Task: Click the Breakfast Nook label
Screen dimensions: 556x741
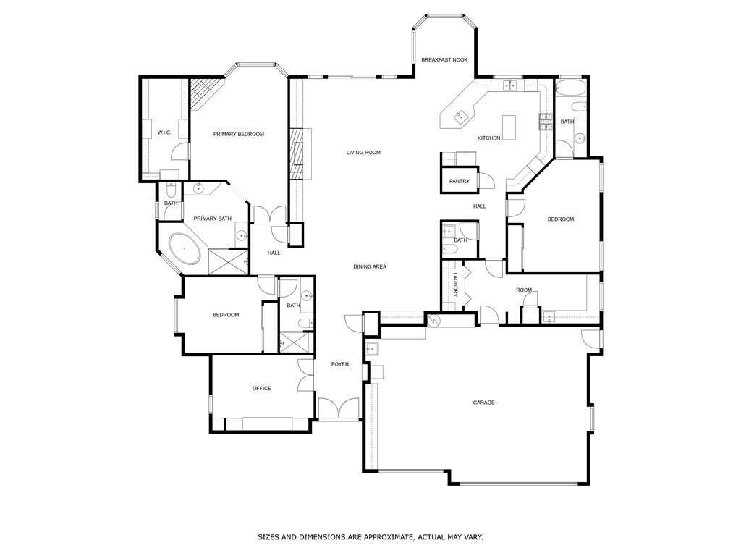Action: click(x=444, y=60)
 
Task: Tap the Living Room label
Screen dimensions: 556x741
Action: click(x=363, y=153)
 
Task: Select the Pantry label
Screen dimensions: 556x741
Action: click(x=459, y=182)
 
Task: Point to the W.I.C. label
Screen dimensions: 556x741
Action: click(x=164, y=132)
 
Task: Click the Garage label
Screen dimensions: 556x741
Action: click(x=483, y=403)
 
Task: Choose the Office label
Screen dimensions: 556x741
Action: click(x=261, y=389)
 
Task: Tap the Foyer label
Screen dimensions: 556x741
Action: click(x=339, y=364)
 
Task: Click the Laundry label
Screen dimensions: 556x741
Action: click(x=456, y=285)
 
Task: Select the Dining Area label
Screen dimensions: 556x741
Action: click(x=369, y=267)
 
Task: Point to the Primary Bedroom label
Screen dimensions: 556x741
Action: click(x=238, y=134)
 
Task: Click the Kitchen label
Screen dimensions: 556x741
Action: click(x=488, y=138)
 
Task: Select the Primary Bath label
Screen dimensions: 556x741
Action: click(x=212, y=219)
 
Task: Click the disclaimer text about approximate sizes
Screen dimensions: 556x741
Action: click(x=370, y=537)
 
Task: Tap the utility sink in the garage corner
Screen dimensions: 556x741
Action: click(x=372, y=349)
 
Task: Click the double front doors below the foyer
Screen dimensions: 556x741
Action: click(x=339, y=410)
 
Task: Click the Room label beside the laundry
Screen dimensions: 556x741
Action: click(x=524, y=290)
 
